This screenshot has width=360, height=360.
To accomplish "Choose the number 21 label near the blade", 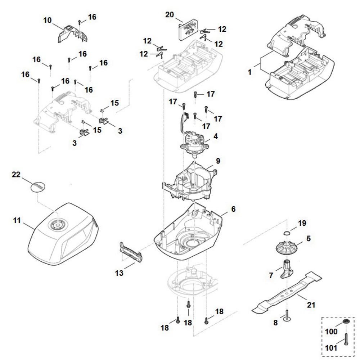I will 310,305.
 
